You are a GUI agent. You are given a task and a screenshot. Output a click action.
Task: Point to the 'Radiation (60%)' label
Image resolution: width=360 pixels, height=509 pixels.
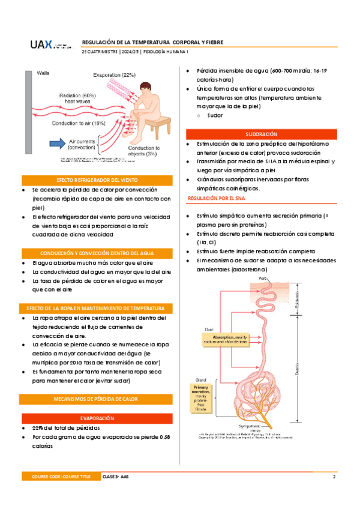click(x=77, y=95)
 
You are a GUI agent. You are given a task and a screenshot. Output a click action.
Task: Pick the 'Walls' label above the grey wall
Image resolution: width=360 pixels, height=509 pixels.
click(x=44, y=73)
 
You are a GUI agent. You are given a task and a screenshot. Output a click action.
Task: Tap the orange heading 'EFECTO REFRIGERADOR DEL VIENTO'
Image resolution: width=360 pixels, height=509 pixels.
click(x=98, y=180)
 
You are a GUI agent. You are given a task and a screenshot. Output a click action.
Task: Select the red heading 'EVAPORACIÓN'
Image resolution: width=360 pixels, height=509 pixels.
click(x=98, y=417)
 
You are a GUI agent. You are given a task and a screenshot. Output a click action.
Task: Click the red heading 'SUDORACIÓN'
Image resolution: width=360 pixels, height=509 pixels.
click(x=262, y=134)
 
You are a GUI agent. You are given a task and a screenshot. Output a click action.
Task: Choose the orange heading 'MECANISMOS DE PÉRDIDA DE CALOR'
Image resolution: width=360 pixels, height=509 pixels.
click(x=98, y=399)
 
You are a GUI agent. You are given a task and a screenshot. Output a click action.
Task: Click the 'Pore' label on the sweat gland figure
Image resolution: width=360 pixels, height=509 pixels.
click(x=262, y=279)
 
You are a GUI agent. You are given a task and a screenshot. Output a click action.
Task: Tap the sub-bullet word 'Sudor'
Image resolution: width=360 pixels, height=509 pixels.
click(x=215, y=115)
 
